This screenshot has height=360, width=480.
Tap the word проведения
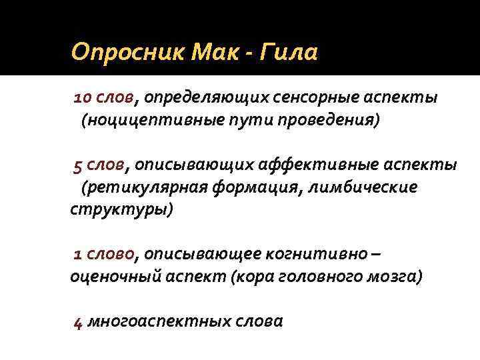pos(329,121)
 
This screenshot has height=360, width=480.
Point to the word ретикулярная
pos(143,187)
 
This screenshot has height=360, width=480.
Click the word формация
pos(257,187)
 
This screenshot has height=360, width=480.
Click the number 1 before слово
pos(77,253)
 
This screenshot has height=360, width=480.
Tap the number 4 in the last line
pos(78,322)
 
